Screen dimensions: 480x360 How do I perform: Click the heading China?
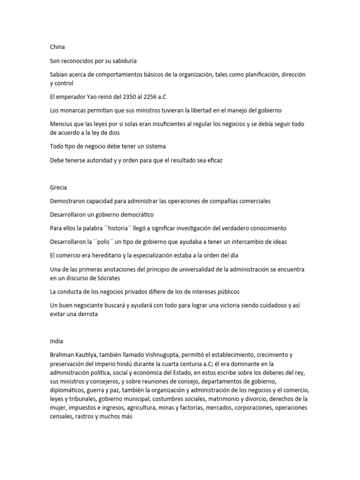point(57,47)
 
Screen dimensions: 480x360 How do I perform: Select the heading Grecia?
point(59,187)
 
